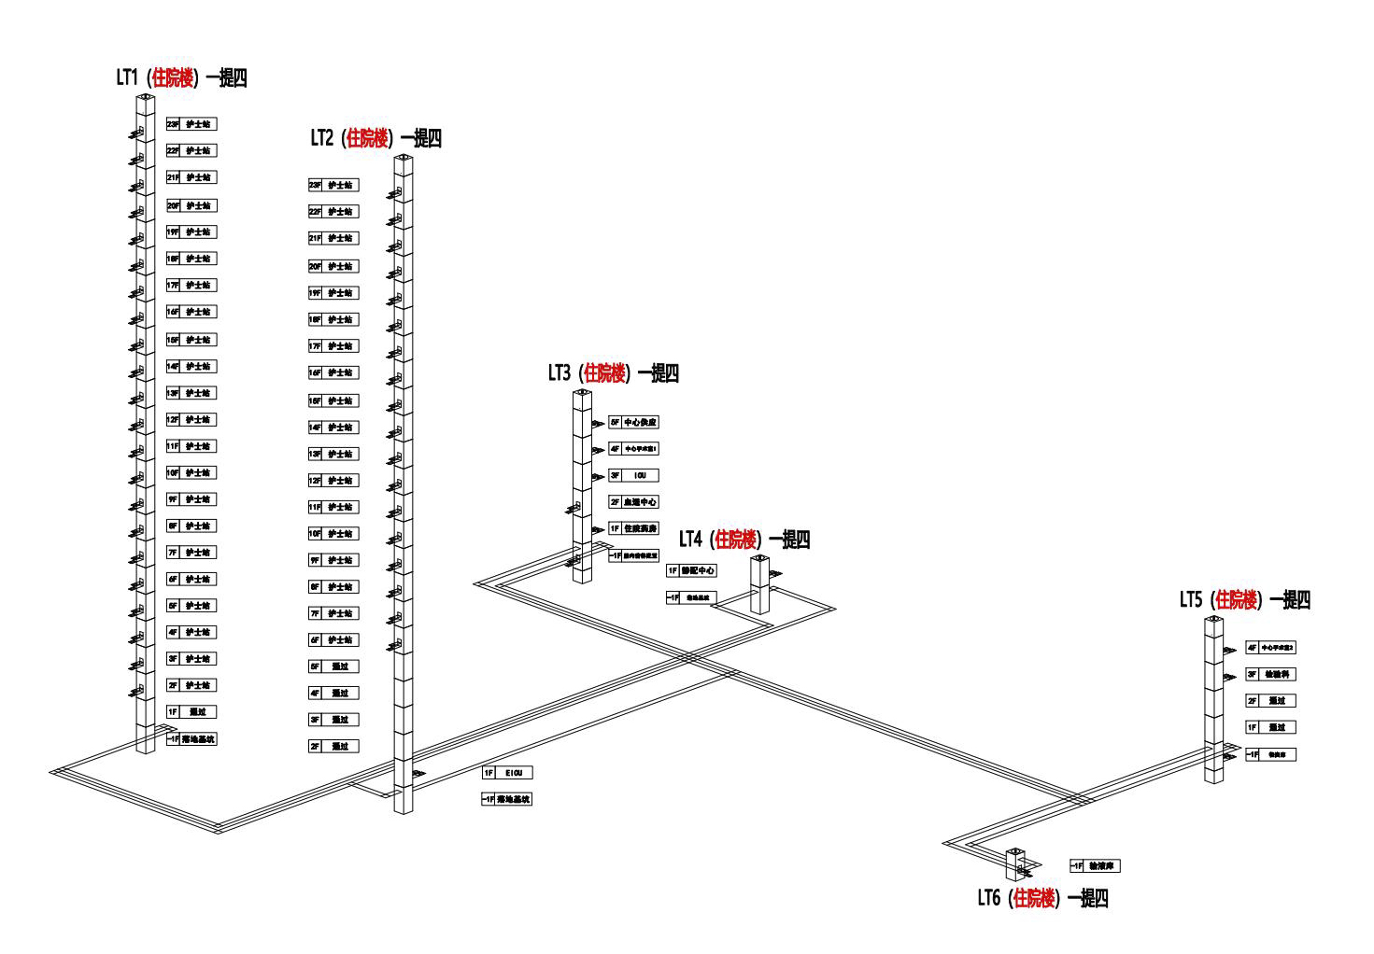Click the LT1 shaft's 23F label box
(191, 124)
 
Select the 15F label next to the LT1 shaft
(191, 340)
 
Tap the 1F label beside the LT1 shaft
(191, 712)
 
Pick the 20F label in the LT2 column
(333, 266)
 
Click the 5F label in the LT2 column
(333, 666)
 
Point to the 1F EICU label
(507, 773)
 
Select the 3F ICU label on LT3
(634, 475)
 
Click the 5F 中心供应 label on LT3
(634, 422)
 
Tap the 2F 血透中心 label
(634, 502)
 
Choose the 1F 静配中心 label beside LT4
(691, 570)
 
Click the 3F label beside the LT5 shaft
(1271, 674)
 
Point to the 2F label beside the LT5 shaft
(1271, 701)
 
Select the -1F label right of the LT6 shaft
(1095, 866)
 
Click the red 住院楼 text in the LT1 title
(173, 77)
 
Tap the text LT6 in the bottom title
(989, 898)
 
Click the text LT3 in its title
(559, 373)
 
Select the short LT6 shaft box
(1015, 864)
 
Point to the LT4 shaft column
(760, 586)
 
